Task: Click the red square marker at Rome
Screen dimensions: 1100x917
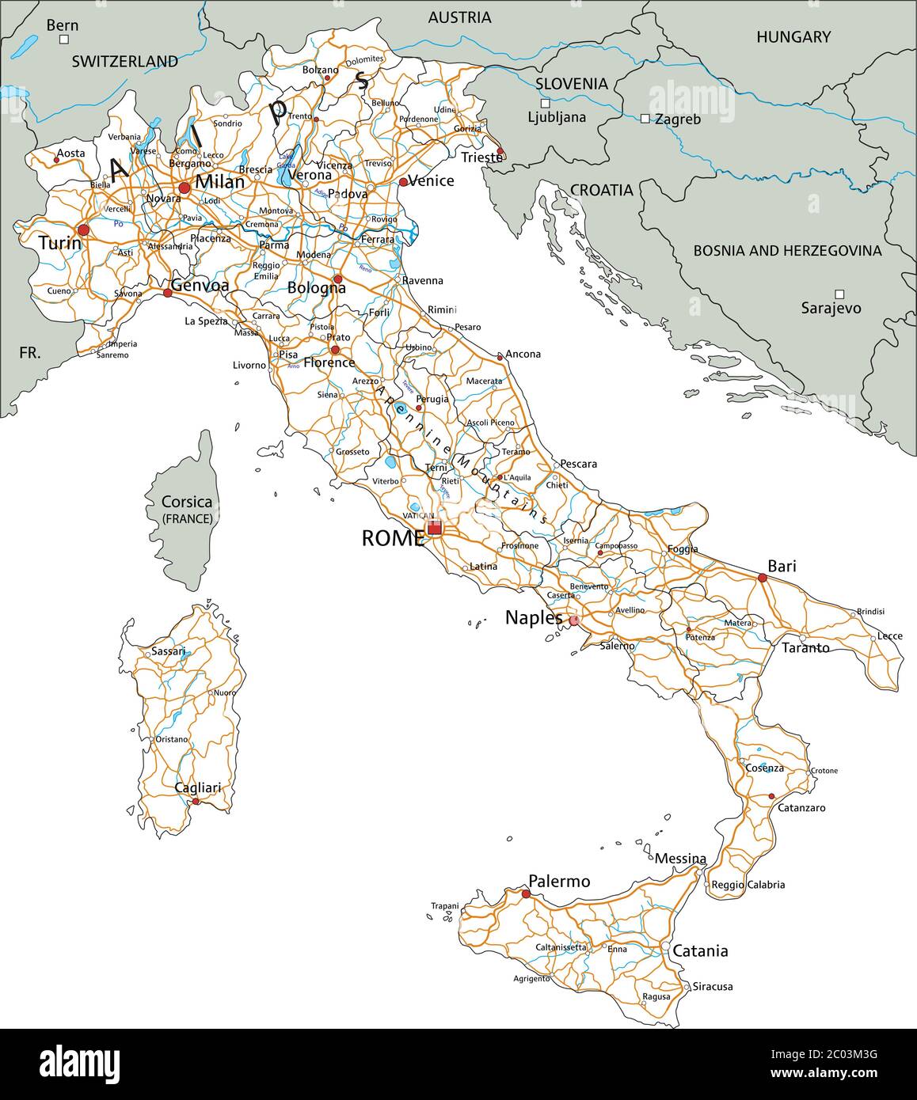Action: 434,528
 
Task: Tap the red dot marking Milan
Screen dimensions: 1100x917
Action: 185,188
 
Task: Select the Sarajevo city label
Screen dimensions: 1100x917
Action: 831,308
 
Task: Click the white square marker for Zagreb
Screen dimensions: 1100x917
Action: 645,119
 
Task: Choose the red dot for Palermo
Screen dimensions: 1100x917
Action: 526,894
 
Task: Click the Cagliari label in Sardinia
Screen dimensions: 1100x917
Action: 198,788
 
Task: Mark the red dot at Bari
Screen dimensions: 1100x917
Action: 763,578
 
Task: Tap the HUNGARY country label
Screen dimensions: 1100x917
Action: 793,36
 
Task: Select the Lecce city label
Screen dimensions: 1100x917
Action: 889,636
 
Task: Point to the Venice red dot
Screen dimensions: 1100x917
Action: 403,182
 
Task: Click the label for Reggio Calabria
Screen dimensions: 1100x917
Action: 748,885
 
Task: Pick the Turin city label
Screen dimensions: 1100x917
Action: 59,243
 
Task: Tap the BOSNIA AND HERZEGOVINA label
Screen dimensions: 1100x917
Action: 787,251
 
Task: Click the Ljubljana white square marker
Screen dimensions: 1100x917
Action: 545,103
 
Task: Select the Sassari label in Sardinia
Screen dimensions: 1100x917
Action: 168,651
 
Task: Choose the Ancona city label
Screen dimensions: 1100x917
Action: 523,354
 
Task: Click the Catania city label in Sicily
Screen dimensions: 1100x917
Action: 700,950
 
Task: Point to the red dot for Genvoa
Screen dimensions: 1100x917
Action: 167,293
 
